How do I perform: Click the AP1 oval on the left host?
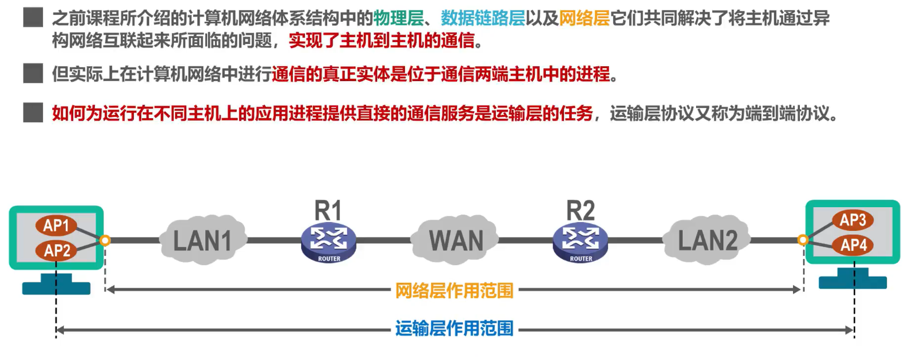click(x=56, y=225)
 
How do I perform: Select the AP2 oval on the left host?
click(x=57, y=250)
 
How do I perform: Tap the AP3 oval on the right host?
click(x=853, y=220)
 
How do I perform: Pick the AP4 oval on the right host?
click(x=853, y=245)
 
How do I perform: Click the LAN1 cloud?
click(x=202, y=240)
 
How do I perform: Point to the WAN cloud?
click(x=456, y=240)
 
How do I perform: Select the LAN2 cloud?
click(x=707, y=240)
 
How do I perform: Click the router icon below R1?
click(x=329, y=242)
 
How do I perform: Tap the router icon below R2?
click(x=580, y=242)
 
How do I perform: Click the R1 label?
click(x=328, y=211)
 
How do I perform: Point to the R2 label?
click(x=580, y=211)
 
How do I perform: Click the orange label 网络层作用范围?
click(x=454, y=290)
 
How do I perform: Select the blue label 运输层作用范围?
click(x=454, y=328)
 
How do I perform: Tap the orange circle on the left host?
click(x=105, y=240)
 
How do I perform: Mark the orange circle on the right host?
click(x=803, y=240)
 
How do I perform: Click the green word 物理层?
click(x=398, y=18)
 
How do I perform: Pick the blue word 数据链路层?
click(x=483, y=18)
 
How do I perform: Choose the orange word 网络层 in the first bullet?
click(x=584, y=18)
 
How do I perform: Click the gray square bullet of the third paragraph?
click(x=33, y=113)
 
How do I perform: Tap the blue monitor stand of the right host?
click(x=853, y=279)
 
